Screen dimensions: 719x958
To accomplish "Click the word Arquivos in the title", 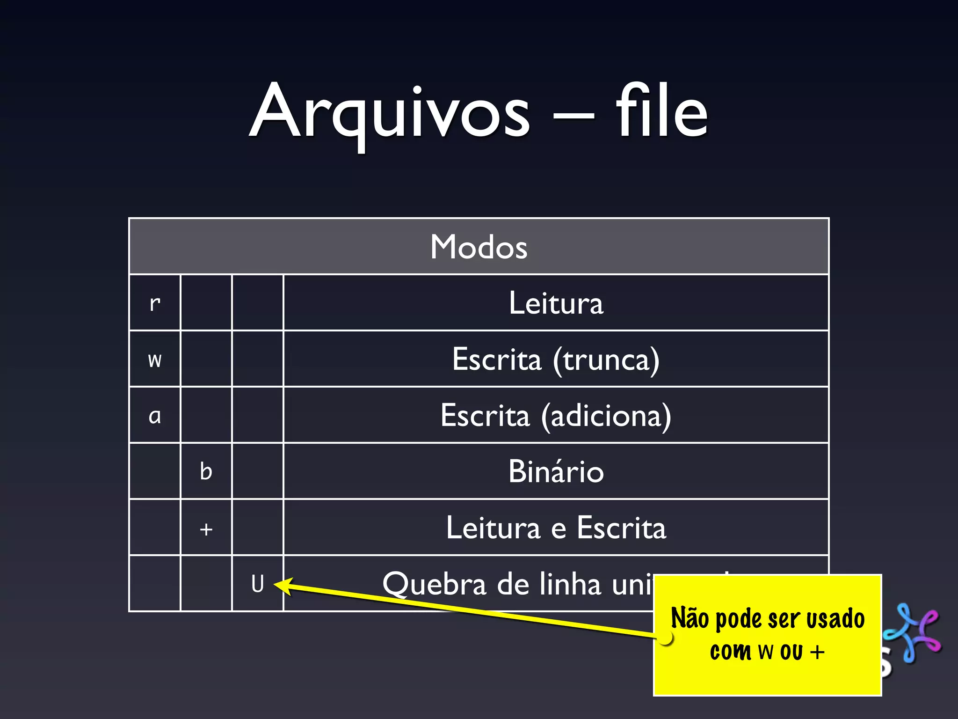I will coord(390,112).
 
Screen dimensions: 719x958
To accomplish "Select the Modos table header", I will coord(479,247).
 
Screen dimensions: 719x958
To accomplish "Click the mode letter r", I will coord(155,303).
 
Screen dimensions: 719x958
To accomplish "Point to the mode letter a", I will coord(155,416).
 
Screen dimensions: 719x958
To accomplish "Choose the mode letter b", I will coord(206,471).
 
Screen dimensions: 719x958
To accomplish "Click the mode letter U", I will coord(257,584).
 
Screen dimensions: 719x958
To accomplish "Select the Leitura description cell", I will coord(556,303).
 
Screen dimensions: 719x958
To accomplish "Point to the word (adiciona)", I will coord(606,416).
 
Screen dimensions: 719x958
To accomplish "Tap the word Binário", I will coord(556,471).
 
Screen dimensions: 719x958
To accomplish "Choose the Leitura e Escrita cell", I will coord(556,528).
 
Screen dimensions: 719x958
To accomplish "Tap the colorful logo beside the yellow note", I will coord(912,632).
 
